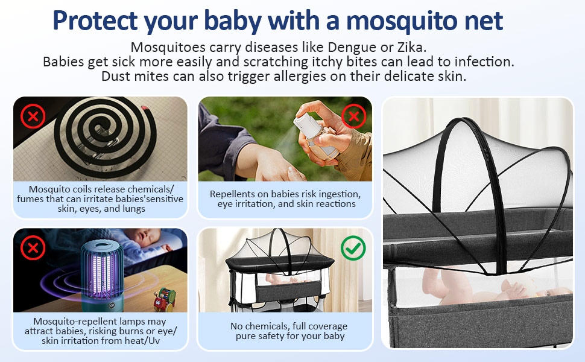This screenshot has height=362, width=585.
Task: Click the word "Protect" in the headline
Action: tap(95, 21)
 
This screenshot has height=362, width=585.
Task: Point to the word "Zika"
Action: tap(411, 48)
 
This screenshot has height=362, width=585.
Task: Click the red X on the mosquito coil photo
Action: tap(33, 116)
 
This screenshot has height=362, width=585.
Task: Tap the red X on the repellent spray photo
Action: tap(353, 116)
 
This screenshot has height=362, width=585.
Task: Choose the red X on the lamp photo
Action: tap(33, 248)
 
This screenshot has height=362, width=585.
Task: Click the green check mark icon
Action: tap(353, 248)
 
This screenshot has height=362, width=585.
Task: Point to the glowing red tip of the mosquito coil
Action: tap(145, 108)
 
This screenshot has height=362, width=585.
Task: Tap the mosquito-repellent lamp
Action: tap(102, 275)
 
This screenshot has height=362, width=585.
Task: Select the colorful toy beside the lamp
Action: tap(165, 299)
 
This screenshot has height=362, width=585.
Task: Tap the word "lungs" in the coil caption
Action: tap(133, 209)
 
